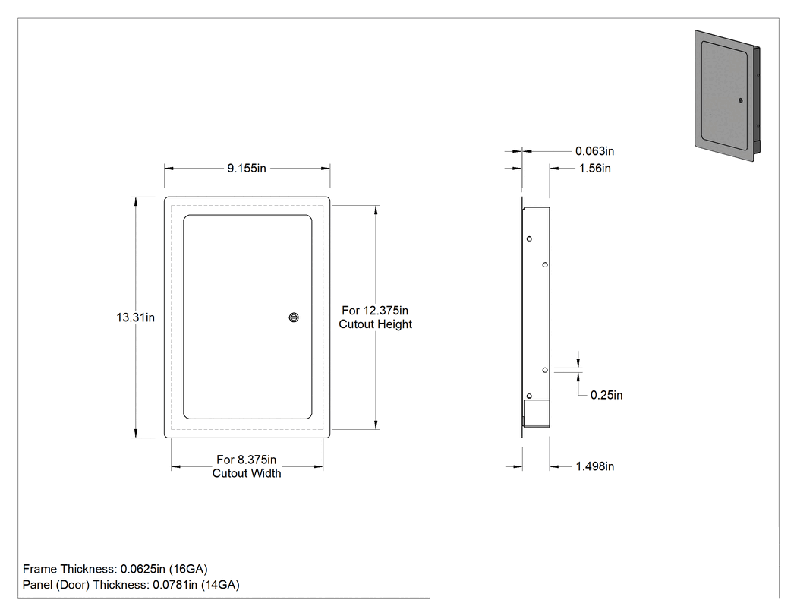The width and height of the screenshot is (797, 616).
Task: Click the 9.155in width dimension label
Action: (247, 169)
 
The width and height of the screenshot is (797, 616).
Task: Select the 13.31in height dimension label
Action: (135, 317)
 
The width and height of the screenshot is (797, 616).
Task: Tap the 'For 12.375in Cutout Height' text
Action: (376, 317)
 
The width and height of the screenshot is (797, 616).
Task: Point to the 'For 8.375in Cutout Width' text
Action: (247, 466)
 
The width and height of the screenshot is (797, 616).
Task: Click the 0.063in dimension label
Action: (594, 151)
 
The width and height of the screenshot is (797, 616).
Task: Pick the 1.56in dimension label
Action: (594, 169)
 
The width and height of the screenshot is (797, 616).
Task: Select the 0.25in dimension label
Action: (606, 395)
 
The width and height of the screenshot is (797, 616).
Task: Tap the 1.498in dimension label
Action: (594, 466)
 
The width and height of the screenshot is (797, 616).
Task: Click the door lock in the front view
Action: (294, 317)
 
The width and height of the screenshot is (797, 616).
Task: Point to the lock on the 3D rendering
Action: (741, 100)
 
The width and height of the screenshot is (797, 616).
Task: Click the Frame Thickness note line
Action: (115, 569)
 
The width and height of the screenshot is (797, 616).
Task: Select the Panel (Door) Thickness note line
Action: (131, 585)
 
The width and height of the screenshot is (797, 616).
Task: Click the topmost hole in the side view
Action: (529, 239)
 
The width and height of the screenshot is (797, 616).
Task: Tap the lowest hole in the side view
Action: (529, 396)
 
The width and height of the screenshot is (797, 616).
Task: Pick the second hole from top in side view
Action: (545, 264)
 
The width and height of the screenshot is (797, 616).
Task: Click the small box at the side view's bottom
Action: (536, 413)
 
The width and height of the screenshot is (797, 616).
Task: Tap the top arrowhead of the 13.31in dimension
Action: (136, 202)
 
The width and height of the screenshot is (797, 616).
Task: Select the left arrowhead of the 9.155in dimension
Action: (169, 169)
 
